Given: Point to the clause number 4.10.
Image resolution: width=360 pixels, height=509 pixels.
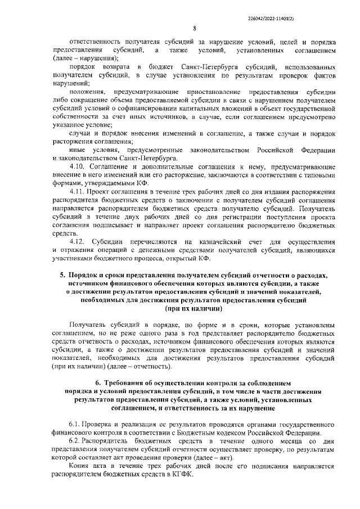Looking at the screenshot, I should point(76,167).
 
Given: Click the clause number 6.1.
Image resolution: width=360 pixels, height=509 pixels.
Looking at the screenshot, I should point(75,424).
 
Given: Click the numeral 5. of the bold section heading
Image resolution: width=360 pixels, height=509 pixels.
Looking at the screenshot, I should point(63,276).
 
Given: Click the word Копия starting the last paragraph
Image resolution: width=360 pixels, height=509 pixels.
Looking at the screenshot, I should point(78,465).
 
